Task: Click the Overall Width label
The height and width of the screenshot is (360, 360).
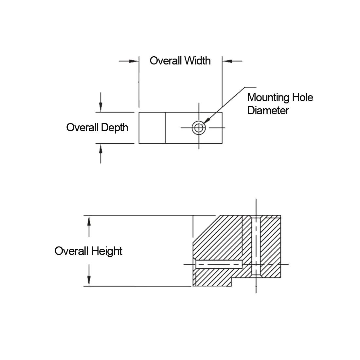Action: pos(180,61)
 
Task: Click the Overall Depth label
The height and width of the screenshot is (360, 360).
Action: pos(97,127)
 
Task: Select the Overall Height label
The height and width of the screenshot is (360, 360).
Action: pos(88,251)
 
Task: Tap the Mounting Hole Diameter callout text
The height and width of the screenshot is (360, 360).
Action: pos(280,104)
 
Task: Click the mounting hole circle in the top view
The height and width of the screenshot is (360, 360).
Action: pos(199,128)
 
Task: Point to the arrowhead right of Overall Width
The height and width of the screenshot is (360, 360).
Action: pos(227,61)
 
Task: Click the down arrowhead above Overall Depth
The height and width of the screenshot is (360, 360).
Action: pos(101,107)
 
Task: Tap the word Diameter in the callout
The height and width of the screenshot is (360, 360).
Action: pos(268,110)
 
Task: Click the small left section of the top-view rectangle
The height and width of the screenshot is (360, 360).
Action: pos(152,128)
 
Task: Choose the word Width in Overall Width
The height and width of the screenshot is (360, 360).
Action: pos(197,61)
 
